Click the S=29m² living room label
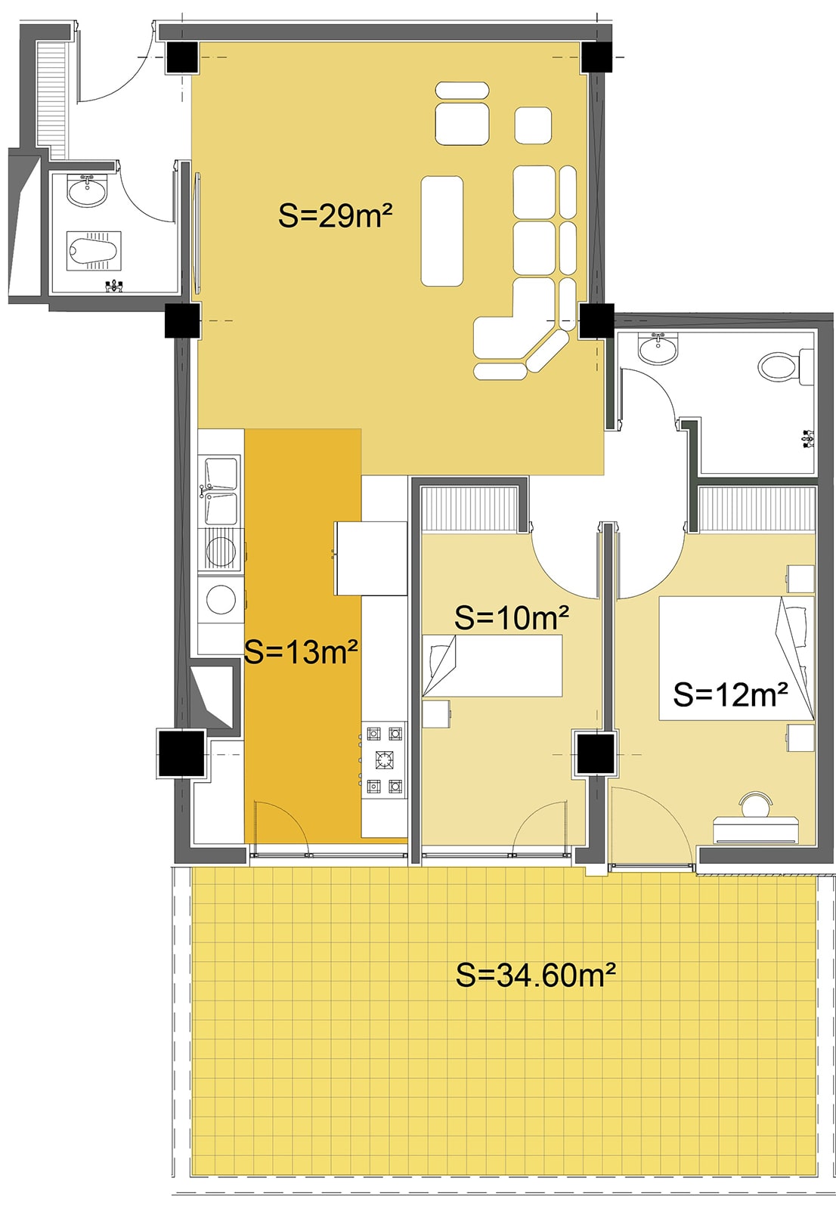coord(335,216)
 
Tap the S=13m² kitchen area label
coord(301,652)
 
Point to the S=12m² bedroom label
coord(730,694)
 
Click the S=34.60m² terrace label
coord(536,975)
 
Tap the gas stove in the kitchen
coord(384,759)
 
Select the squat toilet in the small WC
coord(94,250)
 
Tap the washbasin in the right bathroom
coord(658,348)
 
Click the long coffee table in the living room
coord(441,230)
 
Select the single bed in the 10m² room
coord(492,666)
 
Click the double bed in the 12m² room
coord(736,658)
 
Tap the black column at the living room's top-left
coord(182,57)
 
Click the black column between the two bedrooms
coord(595,753)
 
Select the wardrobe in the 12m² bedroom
coord(757,509)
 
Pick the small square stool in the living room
coord(532,125)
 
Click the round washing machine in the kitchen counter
coord(221,600)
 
